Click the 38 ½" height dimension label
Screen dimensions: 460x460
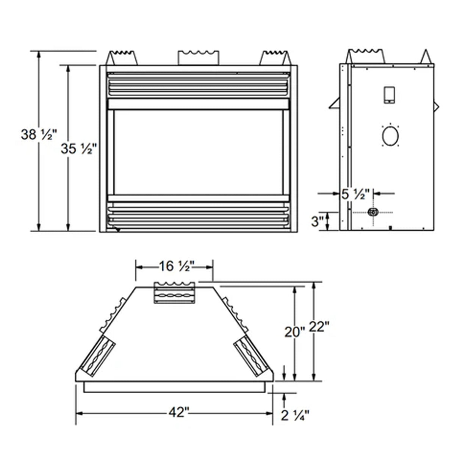click(38, 135)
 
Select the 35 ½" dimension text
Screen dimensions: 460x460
click(77, 149)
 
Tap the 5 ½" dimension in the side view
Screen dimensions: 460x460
click(355, 194)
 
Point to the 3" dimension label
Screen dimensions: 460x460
click(317, 221)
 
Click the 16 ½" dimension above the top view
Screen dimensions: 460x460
click(175, 267)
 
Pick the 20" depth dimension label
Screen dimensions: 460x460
click(294, 332)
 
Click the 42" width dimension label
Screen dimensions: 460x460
click(178, 412)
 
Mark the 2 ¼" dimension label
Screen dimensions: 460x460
click(295, 415)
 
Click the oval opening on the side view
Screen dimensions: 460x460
click(390, 136)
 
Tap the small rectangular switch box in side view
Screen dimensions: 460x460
click(389, 95)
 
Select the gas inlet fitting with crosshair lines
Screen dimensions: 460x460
click(373, 212)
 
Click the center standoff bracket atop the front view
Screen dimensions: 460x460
click(198, 57)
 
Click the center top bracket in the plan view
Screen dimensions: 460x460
click(174, 293)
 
